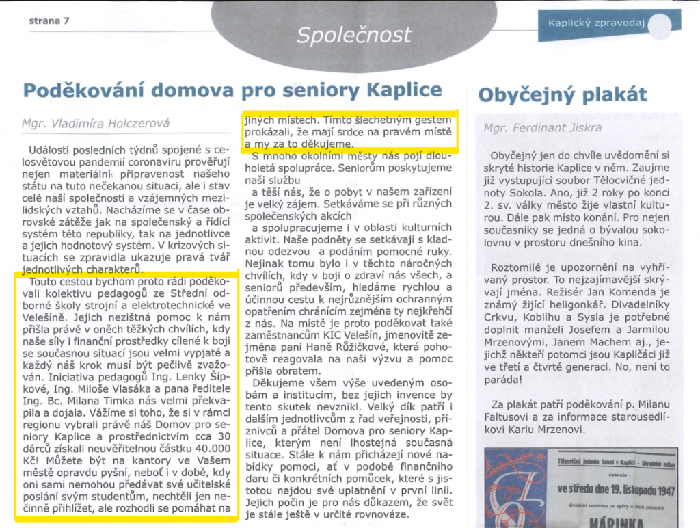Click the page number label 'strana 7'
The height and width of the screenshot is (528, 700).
(x=49, y=21)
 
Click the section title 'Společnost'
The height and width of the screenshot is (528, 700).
(x=353, y=35)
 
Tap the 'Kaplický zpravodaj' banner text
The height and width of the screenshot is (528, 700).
(x=596, y=22)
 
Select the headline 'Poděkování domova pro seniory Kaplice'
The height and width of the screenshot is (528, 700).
(x=232, y=90)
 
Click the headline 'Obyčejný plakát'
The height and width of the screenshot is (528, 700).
(x=562, y=94)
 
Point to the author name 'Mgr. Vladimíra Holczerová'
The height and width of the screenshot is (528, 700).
(x=95, y=124)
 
